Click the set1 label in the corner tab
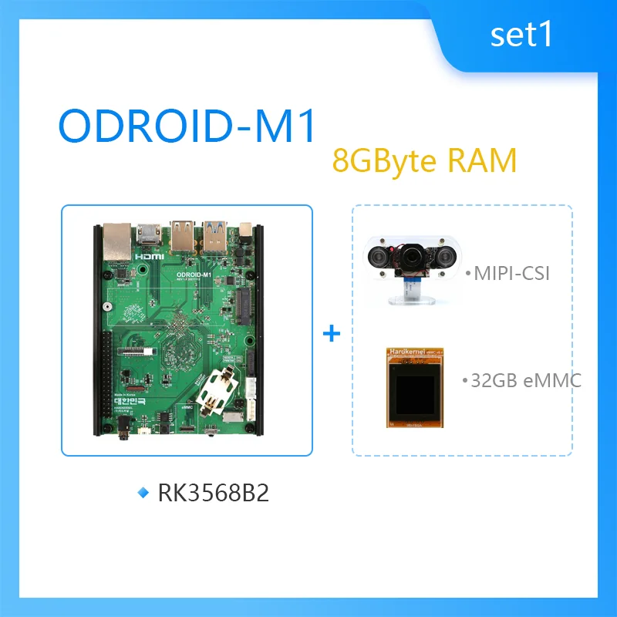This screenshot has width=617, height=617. pos(521,35)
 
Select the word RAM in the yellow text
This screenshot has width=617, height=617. pos(482,161)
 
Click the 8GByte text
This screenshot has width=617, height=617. pos(386,162)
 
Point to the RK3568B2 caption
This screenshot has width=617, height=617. pos(213,494)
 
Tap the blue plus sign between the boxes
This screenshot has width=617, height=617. pos(331,333)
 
